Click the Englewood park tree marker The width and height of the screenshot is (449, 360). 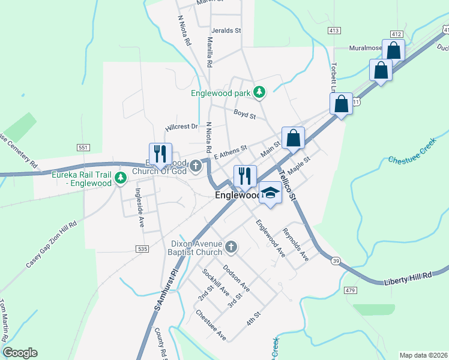(x=259, y=92)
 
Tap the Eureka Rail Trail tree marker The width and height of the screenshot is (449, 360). (x=120, y=178)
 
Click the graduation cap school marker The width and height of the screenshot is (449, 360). (x=270, y=193)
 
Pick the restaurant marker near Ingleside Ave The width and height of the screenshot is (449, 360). (x=160, y=154)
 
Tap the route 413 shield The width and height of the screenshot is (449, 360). (x=334, y=29)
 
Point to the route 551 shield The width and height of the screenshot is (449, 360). (x=83, y=147)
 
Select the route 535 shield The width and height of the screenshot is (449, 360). (x=142, y=248)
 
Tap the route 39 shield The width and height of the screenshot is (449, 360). (x=335, y=259)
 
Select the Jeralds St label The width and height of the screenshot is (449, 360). (x=226, y=30)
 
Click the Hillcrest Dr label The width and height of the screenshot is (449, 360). (x=181, y=127)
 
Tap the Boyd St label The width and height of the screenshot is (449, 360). (x=245, y=113)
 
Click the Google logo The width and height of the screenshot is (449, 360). (x=20, y=353)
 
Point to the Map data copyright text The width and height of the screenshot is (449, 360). (x=423, y=355)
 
